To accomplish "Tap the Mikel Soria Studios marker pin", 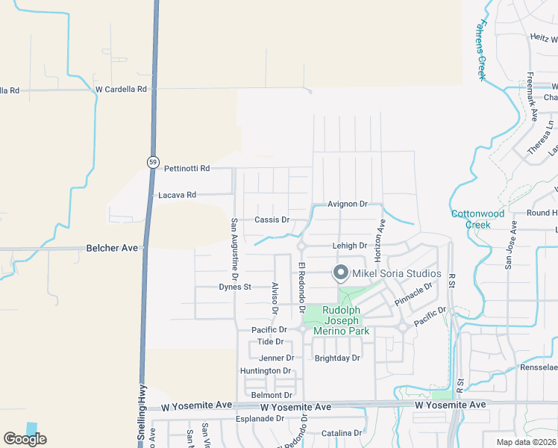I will coord(342,274).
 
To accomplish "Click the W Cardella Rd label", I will coord(122,90).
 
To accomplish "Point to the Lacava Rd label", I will coord(178,195).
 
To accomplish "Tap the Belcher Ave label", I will coord(113,247).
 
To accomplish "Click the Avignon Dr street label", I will coord(348,204).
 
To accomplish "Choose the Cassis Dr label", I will coord(272,220).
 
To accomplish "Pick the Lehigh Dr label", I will coord(349,245).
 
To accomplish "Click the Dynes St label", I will coord(235,287).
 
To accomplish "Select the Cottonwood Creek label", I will coord(477,219).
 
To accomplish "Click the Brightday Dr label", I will coord(337,358).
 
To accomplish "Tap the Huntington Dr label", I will coord(266,370).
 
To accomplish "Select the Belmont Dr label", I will coord(272,395).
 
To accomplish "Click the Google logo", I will coord(25,439).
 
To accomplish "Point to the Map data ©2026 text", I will coord(525,442).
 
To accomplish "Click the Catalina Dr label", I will coord(342,433).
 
